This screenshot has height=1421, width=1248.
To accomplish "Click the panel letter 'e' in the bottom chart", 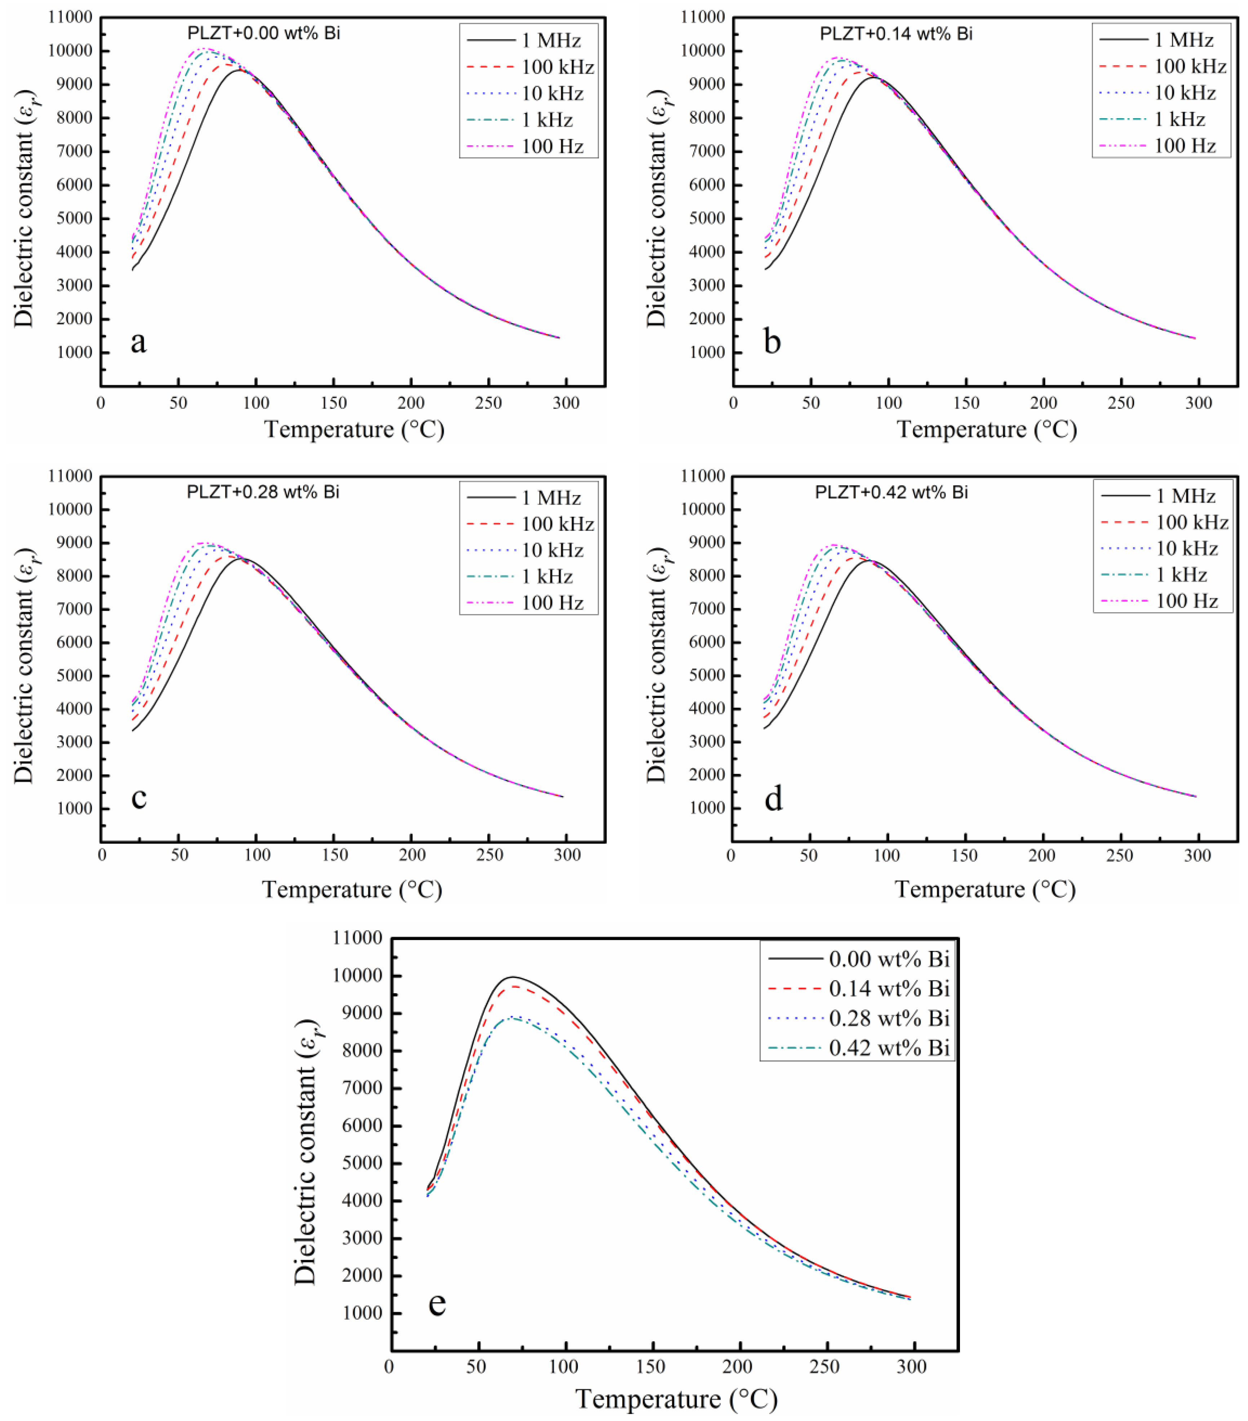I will pyautogui.click(x=437, y=1303).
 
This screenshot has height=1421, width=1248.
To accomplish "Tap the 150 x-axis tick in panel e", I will pyautogui.click(x=652, y=1367).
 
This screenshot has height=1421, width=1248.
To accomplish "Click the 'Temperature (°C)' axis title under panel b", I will pyautogui.click(x=987, y=429).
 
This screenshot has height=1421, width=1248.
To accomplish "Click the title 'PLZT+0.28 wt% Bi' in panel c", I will pyautogui.click(x=263, y=492).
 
